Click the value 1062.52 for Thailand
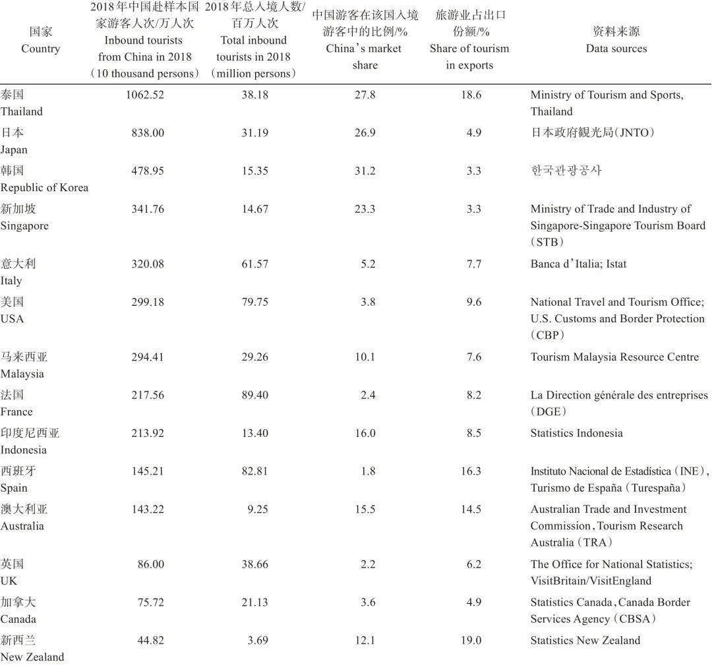click(x=144, y=95)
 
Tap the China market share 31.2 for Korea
click(x=365, y=171)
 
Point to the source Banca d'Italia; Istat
click(x=578, y=264)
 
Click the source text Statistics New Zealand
click(x=585, y=641)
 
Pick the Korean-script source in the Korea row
click(x=566, y=171)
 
